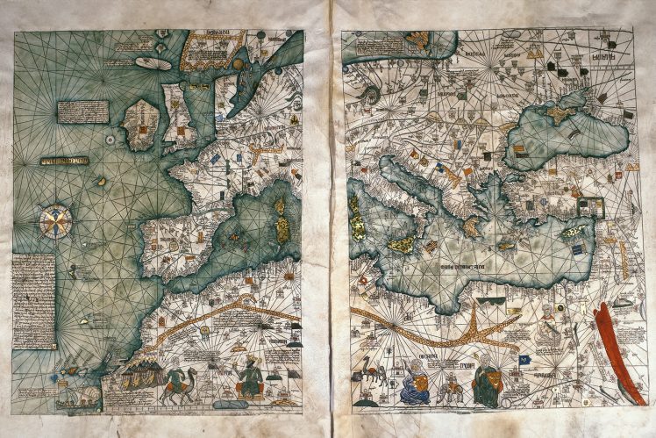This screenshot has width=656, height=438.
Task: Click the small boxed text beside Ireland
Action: pos(83,111)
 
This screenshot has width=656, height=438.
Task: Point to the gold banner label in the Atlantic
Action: pos(65,162)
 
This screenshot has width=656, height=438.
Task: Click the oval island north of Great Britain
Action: pos(152,63)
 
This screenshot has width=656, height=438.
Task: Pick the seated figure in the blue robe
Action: pos(413,382)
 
